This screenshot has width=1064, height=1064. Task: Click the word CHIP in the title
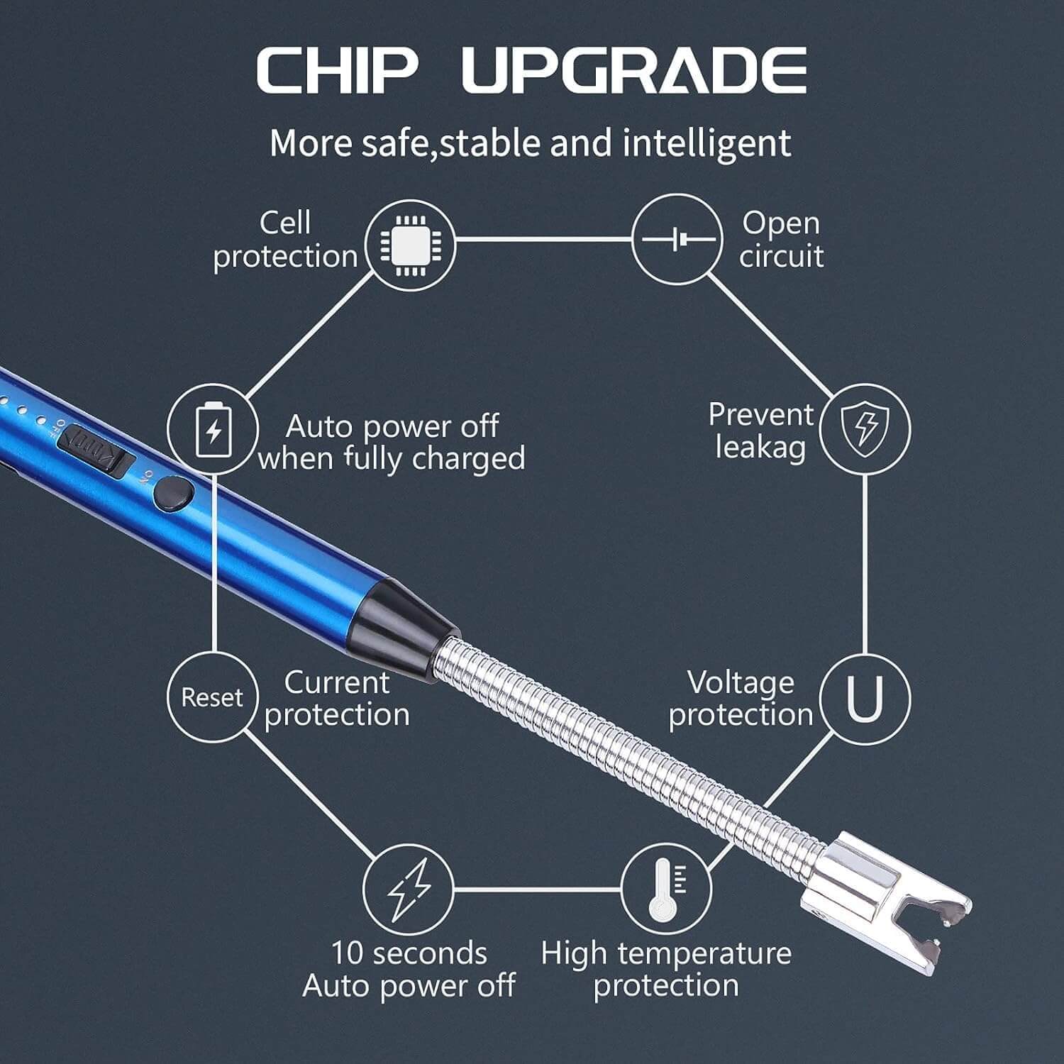click(x=337, y=71)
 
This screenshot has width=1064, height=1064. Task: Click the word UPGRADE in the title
click(x=634, y=71)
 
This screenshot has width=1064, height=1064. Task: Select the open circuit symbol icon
click(x=677, y=240)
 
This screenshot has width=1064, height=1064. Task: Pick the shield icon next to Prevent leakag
click(x=865, y=428)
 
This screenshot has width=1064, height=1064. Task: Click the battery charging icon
click(x=213, y=429)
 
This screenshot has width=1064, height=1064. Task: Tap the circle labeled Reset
click(x=211, y=697)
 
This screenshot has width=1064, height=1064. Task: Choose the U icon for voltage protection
click(x=865, y=697)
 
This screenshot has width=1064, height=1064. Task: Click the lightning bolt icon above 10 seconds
click(x=409, y=889)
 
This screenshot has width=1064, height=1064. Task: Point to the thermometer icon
click(x=665, y=889)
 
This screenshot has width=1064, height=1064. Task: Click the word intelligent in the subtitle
click(x=706, y=143)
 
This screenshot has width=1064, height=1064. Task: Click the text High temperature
click(x=665, y=953)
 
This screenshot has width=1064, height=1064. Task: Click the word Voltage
click(x=741, y=682)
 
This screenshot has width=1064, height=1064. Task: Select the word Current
click(x=337, y=682)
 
